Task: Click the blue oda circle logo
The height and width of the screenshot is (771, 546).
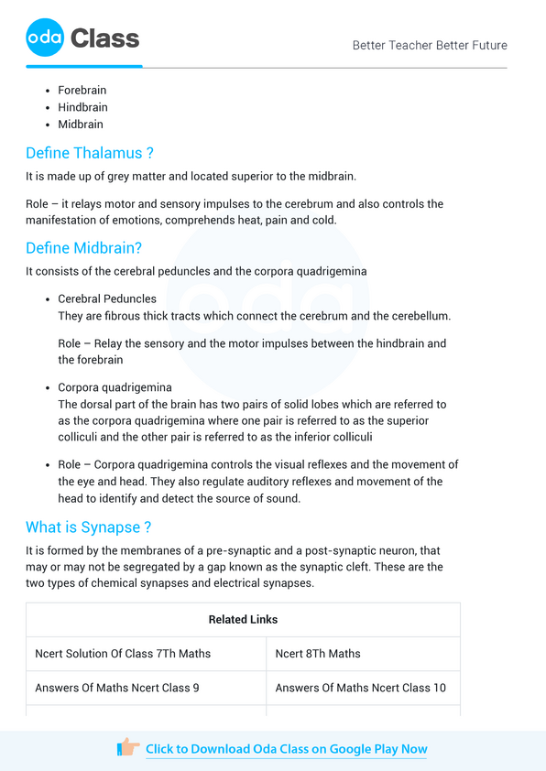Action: pyautogui.click(x=45, y=38)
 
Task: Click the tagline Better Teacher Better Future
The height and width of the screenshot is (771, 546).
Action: pyautogui.click(x=430, y=45)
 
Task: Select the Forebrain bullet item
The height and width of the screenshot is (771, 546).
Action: pyautogui.click(x=82, y=91)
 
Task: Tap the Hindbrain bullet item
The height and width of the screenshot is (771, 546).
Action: pyautogui.click(x=82, y=107)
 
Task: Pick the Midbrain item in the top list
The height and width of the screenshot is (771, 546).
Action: pyautogui.click(x=81, y=124)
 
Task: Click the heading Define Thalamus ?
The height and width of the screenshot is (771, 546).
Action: pyautogui.click(x=90, y=153)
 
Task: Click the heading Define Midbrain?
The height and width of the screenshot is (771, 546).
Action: pyautogui.click(x=83, y=248)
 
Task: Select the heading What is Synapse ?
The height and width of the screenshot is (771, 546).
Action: pyautogui.click(x=88, y=527)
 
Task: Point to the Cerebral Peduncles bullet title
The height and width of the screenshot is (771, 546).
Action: pyautogui.click(x=107, y=299)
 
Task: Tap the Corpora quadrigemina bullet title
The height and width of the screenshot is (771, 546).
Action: pyautogui.click(x=115, y=387)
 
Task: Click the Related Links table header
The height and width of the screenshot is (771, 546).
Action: pyautogui.click(x=243, y=619)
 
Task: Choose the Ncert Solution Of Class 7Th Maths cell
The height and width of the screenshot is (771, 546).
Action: pyautogui.click(x=123, y=654)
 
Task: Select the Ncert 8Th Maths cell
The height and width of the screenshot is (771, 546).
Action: pyautogui.click(x=318, y=654)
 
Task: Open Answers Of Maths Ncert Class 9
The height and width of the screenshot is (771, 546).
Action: pyautogui.click(x=117, y=688)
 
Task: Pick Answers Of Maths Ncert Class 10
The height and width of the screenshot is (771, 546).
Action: pyautogui.click(x=361, y=688)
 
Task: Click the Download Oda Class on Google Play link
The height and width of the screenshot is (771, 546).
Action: pyautogui.click(x=287, y=749)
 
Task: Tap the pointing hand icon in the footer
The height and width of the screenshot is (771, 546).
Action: pyautogui.click(x=128, y=748)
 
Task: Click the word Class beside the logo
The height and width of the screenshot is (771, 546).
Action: pyautogui.click(x=104, y=38)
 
